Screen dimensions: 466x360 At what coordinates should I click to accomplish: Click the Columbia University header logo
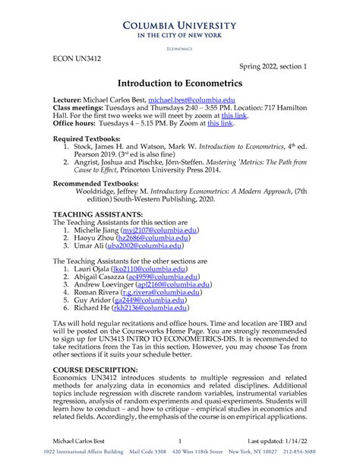(179, 27)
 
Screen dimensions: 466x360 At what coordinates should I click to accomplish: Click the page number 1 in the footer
(179, 441)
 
